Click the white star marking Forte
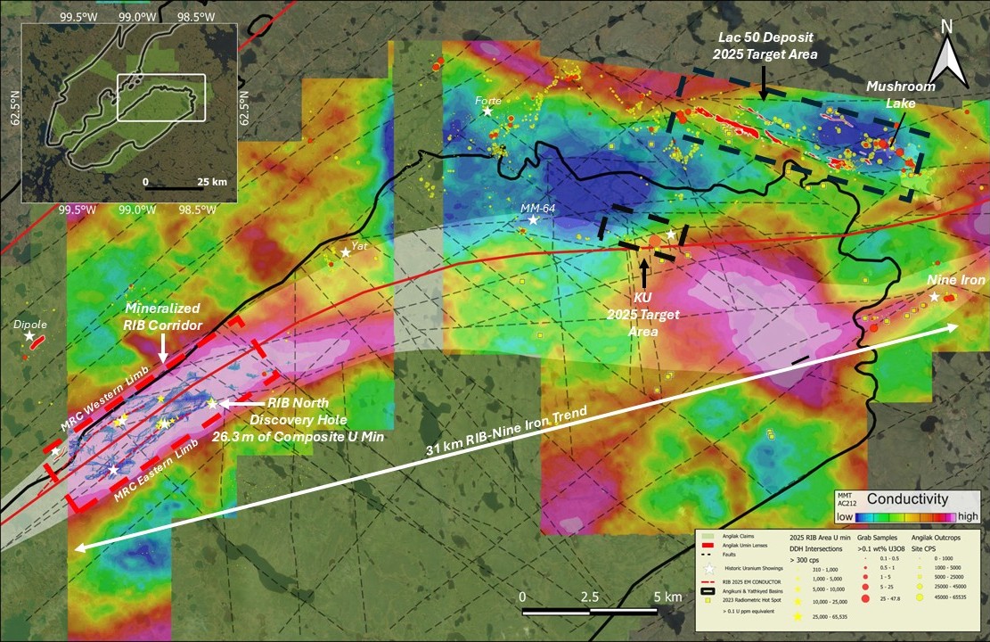pyautogui.click(x=487, y=111)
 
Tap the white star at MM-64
pyautogui.click(x=533, y=219)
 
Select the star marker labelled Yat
pyautogui.click(x=346, y=253)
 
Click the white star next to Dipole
pyautogui.click(x=29, y=336)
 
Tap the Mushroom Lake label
pyautogui.click(x=903, y=95)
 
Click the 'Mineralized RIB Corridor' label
pyautogui.click(x=163, y=316)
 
